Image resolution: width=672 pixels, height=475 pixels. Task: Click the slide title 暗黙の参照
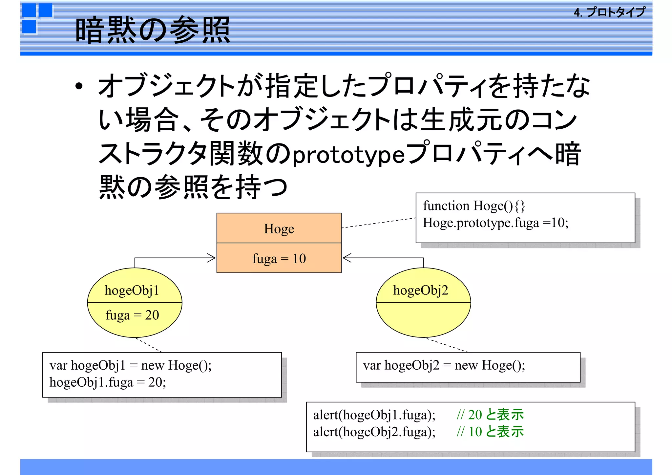(153, 30)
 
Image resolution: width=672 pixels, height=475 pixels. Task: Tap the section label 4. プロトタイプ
(609, 12)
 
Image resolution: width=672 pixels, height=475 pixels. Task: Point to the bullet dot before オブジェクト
(79, 86)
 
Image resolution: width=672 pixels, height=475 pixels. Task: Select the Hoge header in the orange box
(279, 229)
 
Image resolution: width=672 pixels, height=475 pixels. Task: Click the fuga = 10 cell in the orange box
(279, 259)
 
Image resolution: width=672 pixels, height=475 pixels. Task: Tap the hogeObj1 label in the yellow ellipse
(132, 291)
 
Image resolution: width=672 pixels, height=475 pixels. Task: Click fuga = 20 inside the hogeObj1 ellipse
(132, 315)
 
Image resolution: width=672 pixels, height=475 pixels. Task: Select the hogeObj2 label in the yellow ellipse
(421, 291)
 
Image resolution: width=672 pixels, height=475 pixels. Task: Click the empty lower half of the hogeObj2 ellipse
(423, 318)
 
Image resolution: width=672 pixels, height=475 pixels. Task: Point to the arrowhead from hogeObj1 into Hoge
(212, 258)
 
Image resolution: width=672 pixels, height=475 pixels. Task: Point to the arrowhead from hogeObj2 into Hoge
(346, 258)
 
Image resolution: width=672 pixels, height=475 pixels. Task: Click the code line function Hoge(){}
(474, 206)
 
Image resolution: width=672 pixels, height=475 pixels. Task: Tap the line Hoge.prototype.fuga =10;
(495, 223)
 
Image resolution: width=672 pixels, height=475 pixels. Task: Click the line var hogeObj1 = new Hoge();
(131, 365)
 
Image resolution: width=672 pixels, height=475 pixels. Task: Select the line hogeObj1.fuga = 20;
(108, 382)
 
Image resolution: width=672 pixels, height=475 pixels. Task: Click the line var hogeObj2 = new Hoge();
(444, 365)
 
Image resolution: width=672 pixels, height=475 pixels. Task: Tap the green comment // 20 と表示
(490, 415)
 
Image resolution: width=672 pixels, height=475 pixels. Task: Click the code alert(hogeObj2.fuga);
(374, 432)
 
